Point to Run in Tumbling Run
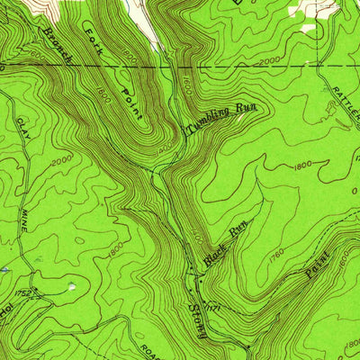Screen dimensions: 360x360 246,108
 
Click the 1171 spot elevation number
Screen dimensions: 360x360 214,309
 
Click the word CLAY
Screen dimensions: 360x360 21,130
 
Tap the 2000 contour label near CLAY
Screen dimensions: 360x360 61,161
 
